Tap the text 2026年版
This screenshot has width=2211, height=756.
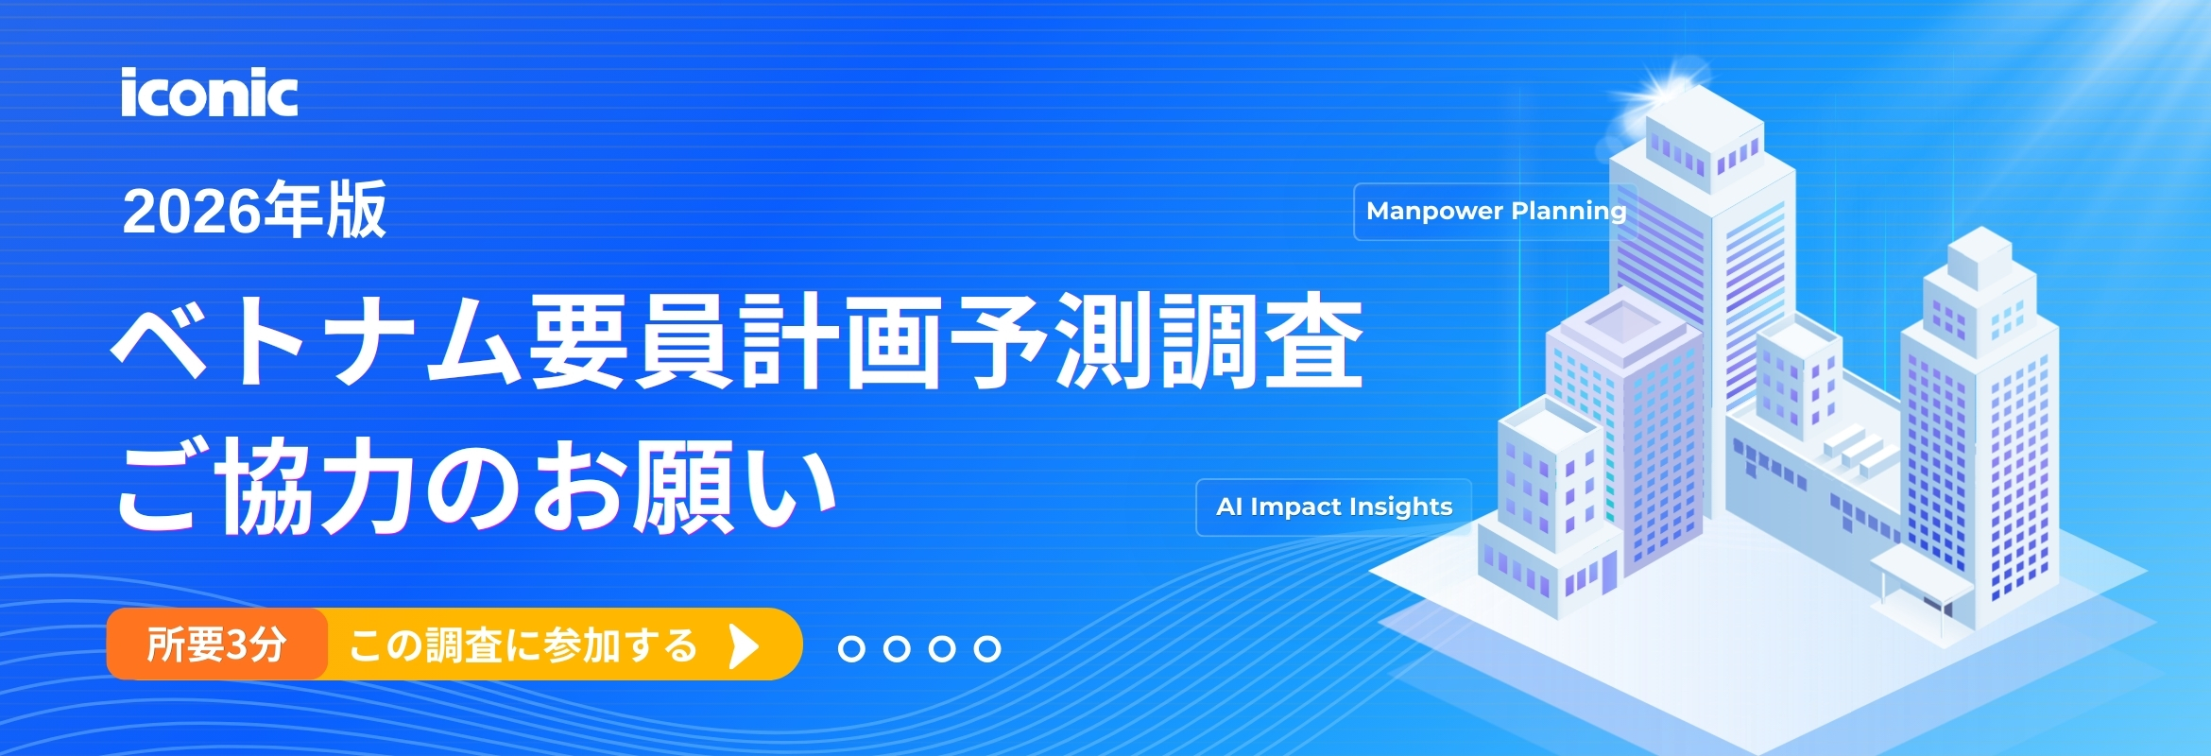point(254,210)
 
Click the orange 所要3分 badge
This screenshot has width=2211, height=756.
point(216,645)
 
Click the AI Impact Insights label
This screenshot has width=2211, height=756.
point(1333,507)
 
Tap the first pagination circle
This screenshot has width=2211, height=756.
point(851,649)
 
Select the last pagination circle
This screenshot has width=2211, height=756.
point(987,649)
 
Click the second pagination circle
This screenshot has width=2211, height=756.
point(897,649)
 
